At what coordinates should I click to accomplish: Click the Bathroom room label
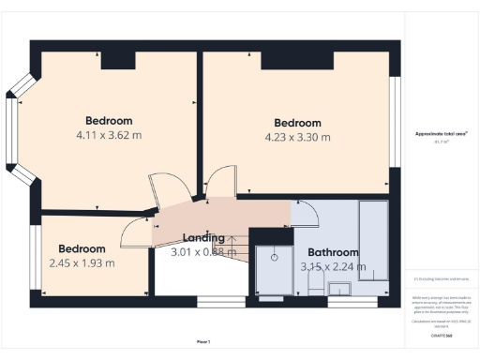334,252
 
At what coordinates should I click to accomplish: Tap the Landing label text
203,238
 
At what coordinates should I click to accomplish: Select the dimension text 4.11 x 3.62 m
109,135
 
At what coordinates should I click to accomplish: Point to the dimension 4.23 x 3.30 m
297,138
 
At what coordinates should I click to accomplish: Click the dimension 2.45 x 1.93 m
82,262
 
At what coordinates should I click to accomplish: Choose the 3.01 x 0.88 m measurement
203,251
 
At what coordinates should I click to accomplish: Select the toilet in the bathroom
316,282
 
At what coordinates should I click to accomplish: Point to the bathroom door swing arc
307,214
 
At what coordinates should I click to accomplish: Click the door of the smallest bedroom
136,230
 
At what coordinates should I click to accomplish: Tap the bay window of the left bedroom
13,130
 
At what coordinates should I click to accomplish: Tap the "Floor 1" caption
203,340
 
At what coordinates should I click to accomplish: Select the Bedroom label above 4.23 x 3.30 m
297,123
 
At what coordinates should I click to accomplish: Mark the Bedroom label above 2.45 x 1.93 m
82,248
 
